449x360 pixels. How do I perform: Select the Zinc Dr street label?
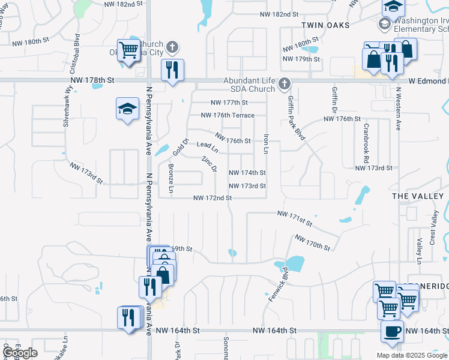click(209, 164)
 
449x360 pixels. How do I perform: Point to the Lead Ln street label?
click(207, 146)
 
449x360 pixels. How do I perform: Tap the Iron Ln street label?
click(266, 143)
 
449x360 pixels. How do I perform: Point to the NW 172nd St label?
click(212, 198)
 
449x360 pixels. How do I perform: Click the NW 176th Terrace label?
click(228, 115)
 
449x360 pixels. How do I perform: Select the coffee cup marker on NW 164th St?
click(392, 331)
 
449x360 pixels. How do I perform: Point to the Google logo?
click(20, 353)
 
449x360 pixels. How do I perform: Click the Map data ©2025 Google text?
click(411, 355)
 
